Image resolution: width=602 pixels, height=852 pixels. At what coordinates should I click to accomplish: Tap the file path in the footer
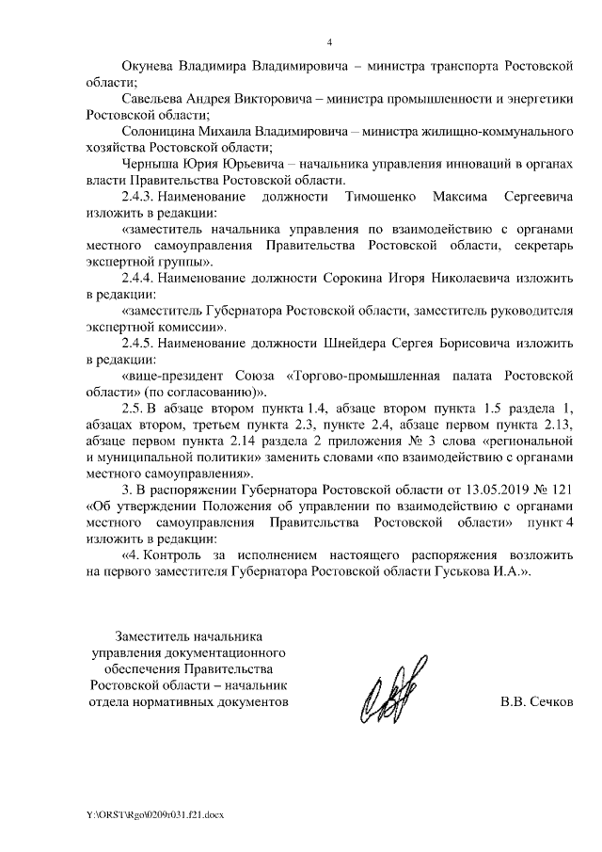click(x=151, y=812)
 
